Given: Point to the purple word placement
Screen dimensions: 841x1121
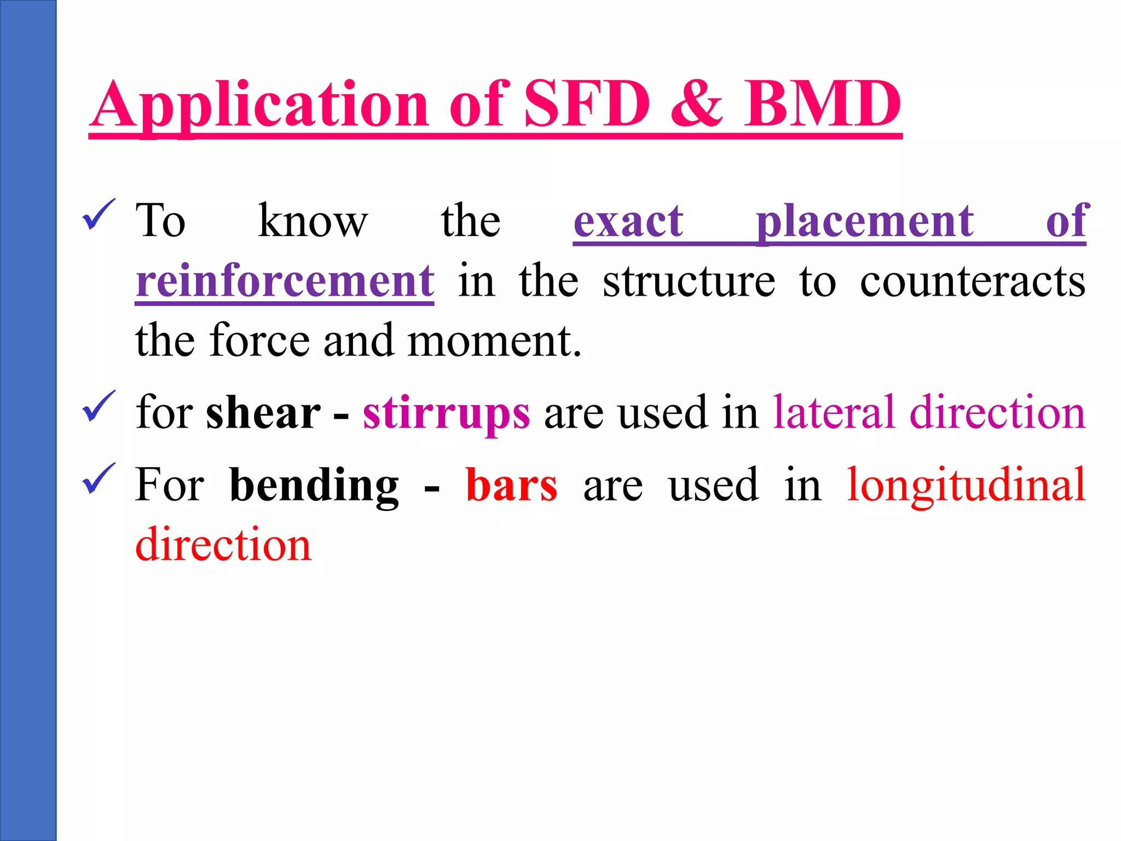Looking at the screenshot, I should pos(864,222).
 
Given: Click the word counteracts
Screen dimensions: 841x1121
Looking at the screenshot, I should pos(972,281).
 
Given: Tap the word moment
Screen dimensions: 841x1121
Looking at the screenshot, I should pos(494,341).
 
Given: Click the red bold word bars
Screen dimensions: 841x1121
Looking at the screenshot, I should pos(511,485).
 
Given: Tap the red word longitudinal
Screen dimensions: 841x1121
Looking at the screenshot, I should pos(966,486).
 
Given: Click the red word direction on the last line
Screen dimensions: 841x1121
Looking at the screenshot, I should pos(223,544).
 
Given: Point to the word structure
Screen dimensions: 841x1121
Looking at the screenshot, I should pos(689,281).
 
